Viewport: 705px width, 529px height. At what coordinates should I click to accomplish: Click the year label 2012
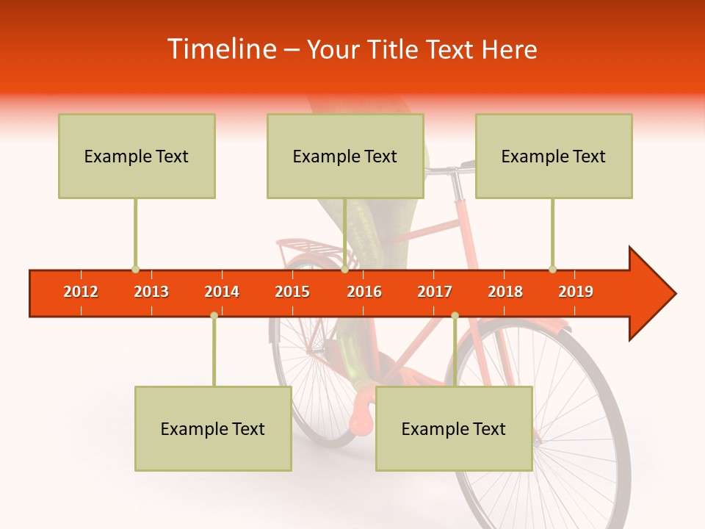pyautogui.click(x=81, y=292)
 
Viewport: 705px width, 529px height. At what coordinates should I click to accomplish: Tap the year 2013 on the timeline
pyautogui.click(x=151, y=292)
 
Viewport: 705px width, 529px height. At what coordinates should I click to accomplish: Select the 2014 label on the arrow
pyautogui.click(x=222, y=292)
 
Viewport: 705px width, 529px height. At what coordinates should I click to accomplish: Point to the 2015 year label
pyautogui.click(x=292, y=292)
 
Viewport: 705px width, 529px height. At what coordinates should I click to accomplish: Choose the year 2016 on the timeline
pyautogui.click(x=364, y=292)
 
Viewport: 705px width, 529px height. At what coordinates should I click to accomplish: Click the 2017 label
pyautogui.click(x=435, y=292)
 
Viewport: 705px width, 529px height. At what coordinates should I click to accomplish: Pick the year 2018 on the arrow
pyautogui.click(x=505, y=292)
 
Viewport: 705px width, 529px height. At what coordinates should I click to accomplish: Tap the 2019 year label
pyautogui.click(x=576, y=292)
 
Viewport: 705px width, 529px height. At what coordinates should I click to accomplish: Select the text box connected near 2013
pyautogui.click(x=137, y=156)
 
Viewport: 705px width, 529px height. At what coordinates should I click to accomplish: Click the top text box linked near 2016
pyautogui.click(x=345, y=156)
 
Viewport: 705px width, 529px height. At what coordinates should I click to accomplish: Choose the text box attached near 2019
pyautogui.click(x=554, y=156)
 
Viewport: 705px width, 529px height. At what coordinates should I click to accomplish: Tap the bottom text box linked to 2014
pyautogui.click(x=213, y=428)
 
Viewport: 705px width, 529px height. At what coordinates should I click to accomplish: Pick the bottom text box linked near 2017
pyautogui.click(x=454, y=428)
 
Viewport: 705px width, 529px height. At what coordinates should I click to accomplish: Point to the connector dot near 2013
pyautogui.click(x=135, y=270)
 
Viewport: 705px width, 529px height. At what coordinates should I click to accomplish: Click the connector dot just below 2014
pyautogui.click(x=214, y=315)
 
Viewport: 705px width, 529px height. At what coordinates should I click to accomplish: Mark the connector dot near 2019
pyautogui.click(x=552, y=270)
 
